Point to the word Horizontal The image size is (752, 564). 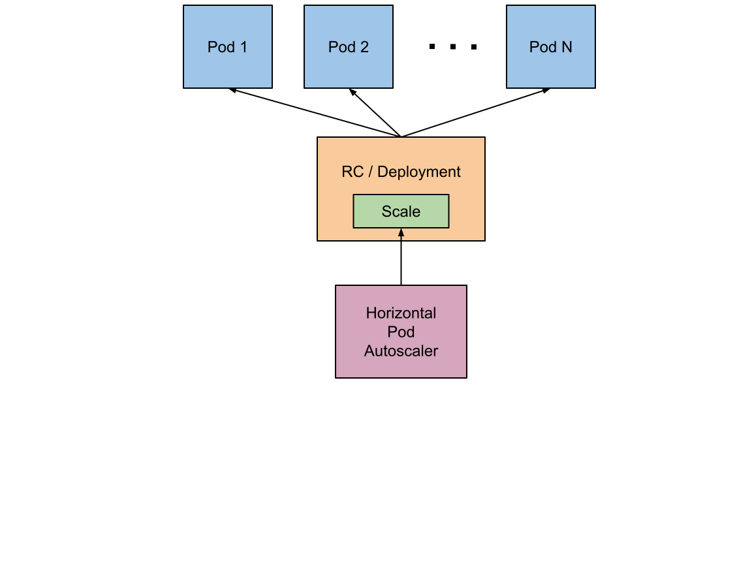pos(401,313)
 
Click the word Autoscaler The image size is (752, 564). pos(401,351)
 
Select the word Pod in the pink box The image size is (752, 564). pos(401,332)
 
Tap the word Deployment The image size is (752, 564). pos(419,172)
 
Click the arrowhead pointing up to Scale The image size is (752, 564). pos(401,232)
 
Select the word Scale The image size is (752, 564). pos(401,211)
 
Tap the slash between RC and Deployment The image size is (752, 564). pos(370,172)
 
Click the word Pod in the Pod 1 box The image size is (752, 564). pos(220,47)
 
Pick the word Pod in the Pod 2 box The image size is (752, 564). pos(341,47)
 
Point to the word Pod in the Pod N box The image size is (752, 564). pos(542,47)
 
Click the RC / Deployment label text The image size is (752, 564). pos(401,172)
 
